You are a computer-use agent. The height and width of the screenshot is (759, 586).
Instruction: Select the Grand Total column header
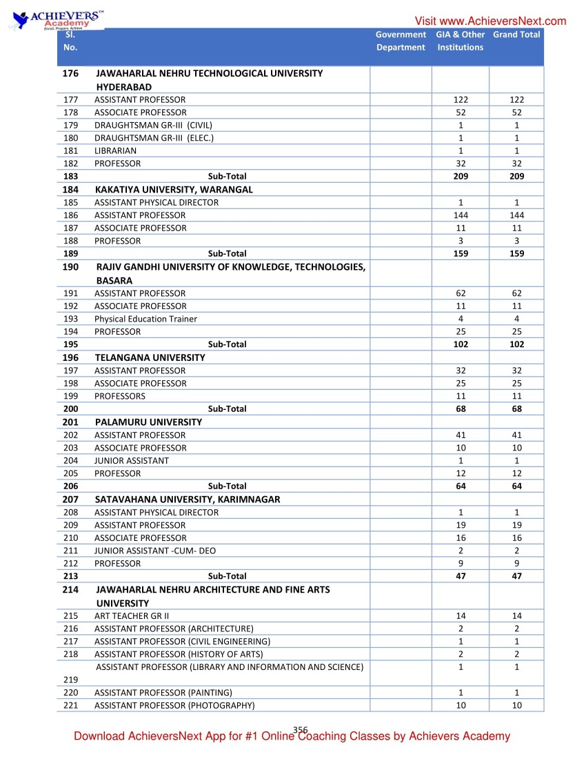516,34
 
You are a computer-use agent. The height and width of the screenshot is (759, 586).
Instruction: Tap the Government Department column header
401,41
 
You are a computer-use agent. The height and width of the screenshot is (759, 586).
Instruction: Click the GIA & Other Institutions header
460,41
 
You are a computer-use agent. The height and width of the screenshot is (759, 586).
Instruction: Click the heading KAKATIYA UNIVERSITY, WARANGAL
174,189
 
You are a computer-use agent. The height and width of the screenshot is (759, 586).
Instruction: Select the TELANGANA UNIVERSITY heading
150,357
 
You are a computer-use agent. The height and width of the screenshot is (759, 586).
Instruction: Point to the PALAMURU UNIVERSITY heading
149,422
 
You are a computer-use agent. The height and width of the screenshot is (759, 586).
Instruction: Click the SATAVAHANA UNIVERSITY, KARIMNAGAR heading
188,499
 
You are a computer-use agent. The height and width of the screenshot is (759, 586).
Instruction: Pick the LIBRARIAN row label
115,150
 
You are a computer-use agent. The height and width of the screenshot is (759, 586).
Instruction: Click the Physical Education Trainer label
145,319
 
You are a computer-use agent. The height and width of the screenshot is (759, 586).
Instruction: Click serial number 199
70,396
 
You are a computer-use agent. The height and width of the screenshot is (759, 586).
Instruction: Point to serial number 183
70,177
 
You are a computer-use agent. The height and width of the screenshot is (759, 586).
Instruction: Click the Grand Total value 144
516,215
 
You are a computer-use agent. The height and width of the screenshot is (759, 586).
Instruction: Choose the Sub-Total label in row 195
227,344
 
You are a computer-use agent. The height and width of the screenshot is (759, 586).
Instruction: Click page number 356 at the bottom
300,730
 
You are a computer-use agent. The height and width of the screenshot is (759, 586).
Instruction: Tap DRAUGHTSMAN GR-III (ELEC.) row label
154,138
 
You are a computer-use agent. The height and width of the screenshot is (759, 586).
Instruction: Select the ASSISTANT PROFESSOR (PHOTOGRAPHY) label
174,705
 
